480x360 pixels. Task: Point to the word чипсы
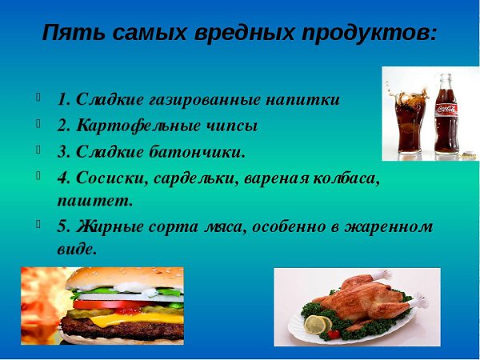tap(231, 126)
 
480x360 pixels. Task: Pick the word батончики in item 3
tap(198, 151)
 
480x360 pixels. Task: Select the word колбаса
tap(347, 178)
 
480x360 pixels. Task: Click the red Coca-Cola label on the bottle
tap(446, 110)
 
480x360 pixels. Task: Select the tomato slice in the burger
tap(122, 304)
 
